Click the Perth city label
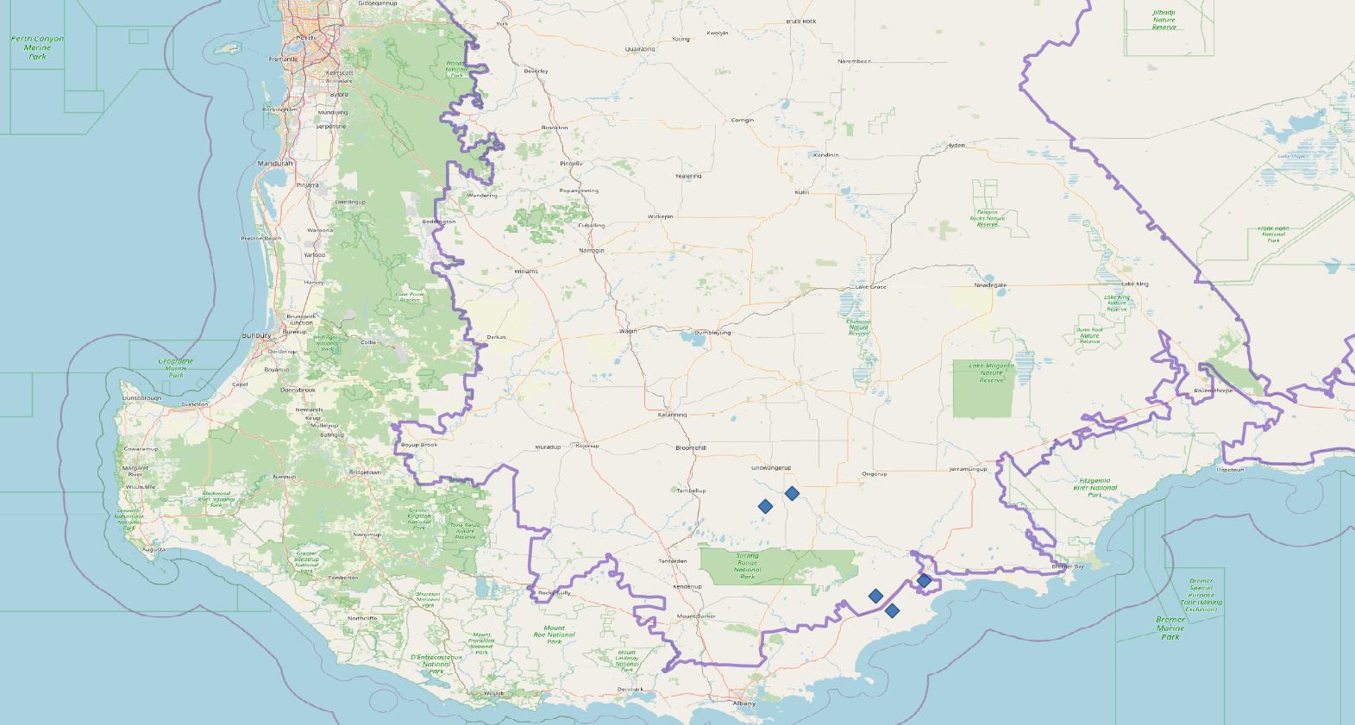click(305, 38)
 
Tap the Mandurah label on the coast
click(275, 163)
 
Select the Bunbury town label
click(256, 335)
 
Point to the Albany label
click(743, 703)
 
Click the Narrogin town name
click(592, 251)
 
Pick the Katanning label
click(672, 415)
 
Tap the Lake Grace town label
click(870, 287)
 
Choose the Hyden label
click(956, 146)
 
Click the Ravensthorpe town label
click(1214, 391)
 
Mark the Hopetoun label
click(1231, 470)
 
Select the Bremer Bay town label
click(1068, 566)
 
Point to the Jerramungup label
click(968, 469)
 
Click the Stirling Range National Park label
click(748, 566)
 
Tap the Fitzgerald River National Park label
click(1095, 488)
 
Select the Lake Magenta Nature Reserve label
click(991, 372)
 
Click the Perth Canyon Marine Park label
click(37, 47)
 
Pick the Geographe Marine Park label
click(176, 368)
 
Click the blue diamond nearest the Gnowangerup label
click(792, 494)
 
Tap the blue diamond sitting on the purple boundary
click(924, 581)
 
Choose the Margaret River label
click(135, 472)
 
